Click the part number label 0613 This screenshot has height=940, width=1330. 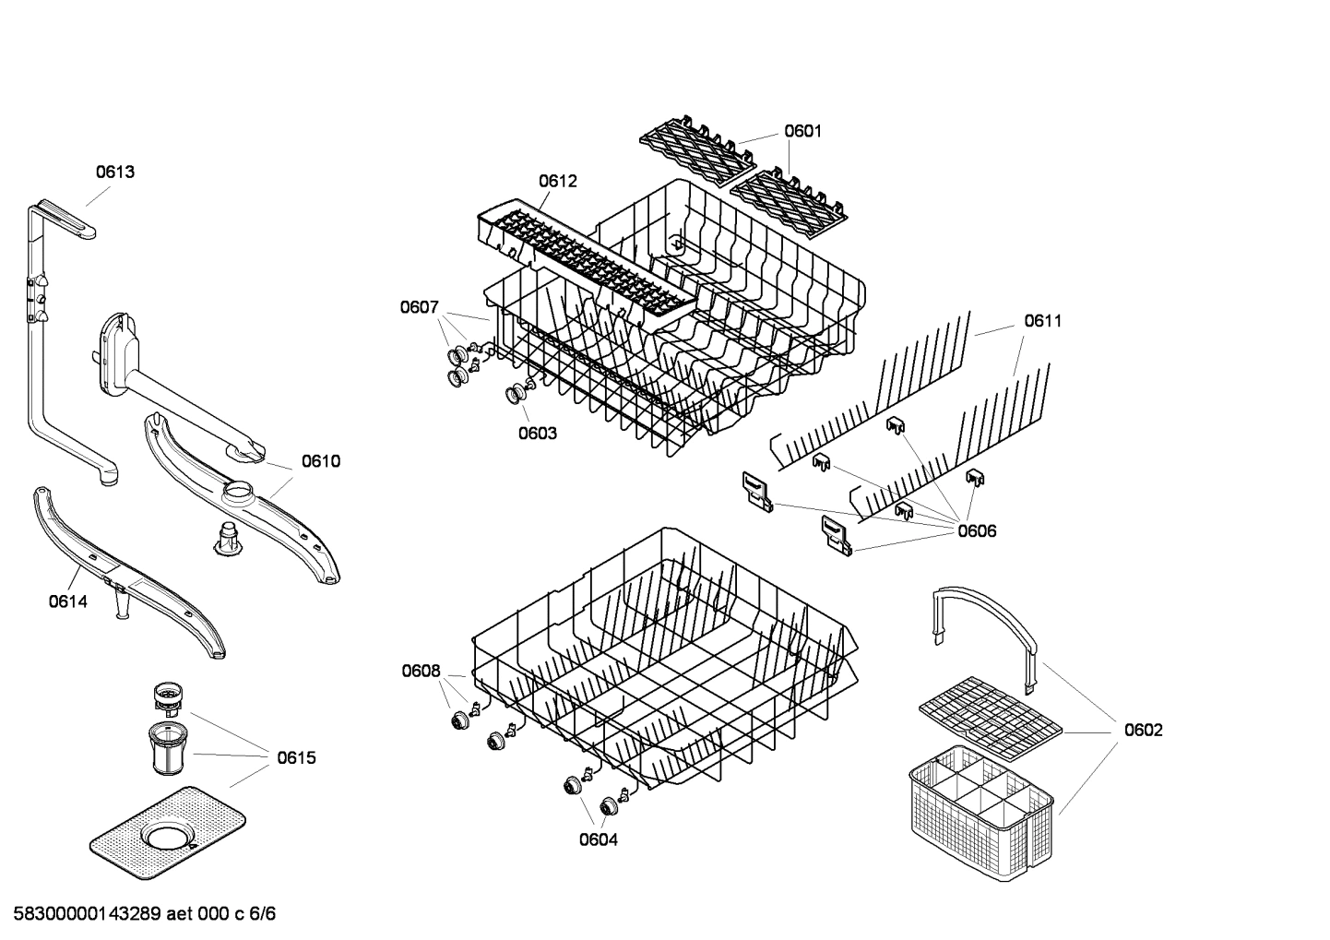click(115, 172)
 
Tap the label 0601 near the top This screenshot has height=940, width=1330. click(802, 131)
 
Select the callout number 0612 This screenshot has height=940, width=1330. click(557, 181)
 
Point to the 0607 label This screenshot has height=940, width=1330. click(419, 307)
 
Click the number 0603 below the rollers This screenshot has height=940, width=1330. click(537, 433)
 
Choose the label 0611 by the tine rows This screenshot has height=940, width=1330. click(1042, 321)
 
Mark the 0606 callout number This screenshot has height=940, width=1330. click(977, 530)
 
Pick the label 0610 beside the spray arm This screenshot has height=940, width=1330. click(320, 461)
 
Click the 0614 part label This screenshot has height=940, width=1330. click(67, 601)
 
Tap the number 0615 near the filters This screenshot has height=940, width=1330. click(296, 757)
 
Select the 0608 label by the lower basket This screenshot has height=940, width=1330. click(421, 671)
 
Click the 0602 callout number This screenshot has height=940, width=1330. click(1143, 730)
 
